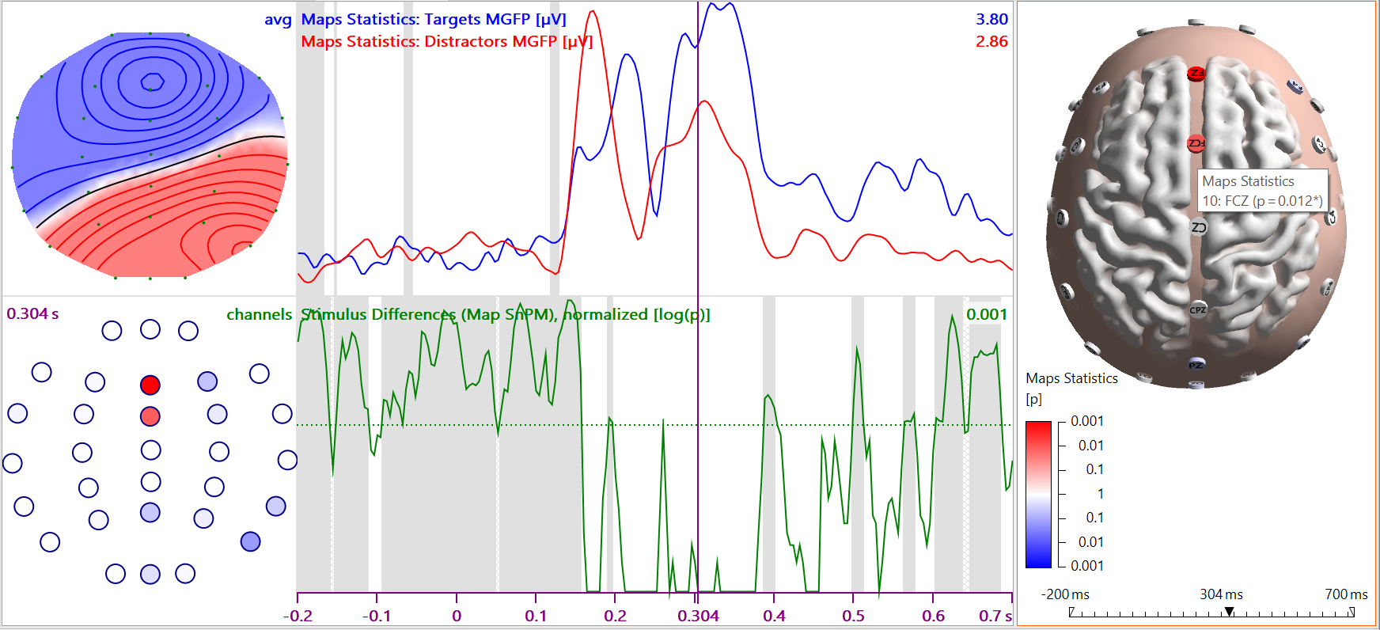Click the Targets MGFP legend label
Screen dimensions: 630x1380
[434, 19]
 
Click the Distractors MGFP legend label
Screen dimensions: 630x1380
[446, 41]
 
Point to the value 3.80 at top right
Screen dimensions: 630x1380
[991, 19]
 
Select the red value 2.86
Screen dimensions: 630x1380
[991, 41]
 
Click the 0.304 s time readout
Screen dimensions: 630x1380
[32, 313]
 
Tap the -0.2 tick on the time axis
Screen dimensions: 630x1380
[298, 616]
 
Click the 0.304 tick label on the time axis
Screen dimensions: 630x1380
[698, 616]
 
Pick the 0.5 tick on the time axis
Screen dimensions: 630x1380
[853, 616]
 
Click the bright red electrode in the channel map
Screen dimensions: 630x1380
[150, 385]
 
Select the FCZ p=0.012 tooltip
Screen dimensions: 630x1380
[1261, 192]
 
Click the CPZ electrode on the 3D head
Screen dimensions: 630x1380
[1198, 310]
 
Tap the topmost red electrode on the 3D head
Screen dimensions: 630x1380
[1196, 74]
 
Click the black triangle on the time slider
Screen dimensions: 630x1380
[1229, 612]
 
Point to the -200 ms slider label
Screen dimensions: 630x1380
[1064, 594]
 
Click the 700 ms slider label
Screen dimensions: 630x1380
[1346, 594]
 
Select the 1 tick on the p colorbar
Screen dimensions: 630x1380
[1100, 494]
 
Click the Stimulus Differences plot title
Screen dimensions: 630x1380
[506, 314]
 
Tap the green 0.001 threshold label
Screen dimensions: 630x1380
[987, 314]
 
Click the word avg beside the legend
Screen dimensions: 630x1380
[278, 19]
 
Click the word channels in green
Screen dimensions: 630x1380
[259, 314]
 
